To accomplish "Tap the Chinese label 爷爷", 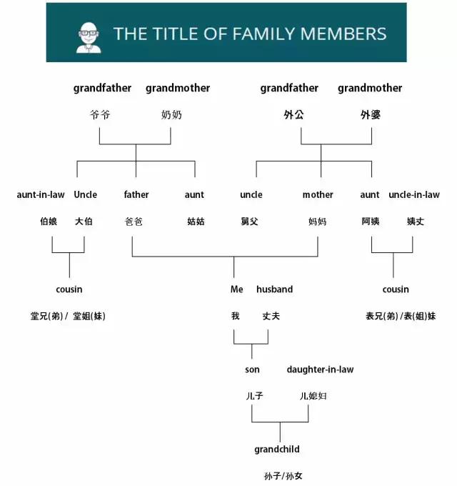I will (x=101, y=114).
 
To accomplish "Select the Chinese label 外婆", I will (x=371, y=114).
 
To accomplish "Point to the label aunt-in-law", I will (x=41, y=194).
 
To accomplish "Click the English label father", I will (x=136, y=194).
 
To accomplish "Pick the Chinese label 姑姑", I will (x=196, y=222).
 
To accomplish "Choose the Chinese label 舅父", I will (x=250, y=222).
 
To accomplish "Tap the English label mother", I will (x=318, y=194).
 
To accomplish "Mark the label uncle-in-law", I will (x=414, y=194).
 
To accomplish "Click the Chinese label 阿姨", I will (x=371, y=222).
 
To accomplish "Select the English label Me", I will (x=237, y=289).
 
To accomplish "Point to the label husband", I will (x=274, y=289).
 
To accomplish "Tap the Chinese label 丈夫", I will (x=271, y=316).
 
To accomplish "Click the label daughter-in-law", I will (x=320, y=370).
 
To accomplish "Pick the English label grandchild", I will (x=277, y=450).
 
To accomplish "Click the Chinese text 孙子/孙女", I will (x=283, y=475).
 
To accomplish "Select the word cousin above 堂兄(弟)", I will (x=69, y=289).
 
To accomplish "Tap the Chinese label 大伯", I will (x=84, y=222).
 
